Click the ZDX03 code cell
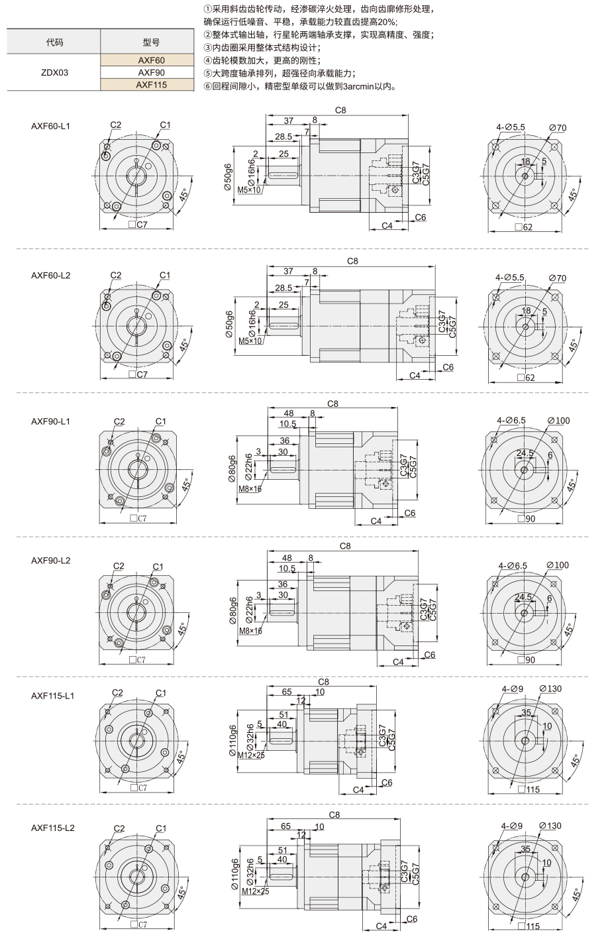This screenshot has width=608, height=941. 54,72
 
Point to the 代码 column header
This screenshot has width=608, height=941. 54,42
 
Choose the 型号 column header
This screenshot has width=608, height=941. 151,42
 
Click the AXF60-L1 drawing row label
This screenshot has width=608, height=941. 50,126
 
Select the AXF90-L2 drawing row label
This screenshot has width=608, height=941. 50,561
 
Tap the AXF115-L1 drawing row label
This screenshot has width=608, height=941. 52,696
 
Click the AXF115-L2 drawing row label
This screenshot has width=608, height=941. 52,828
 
